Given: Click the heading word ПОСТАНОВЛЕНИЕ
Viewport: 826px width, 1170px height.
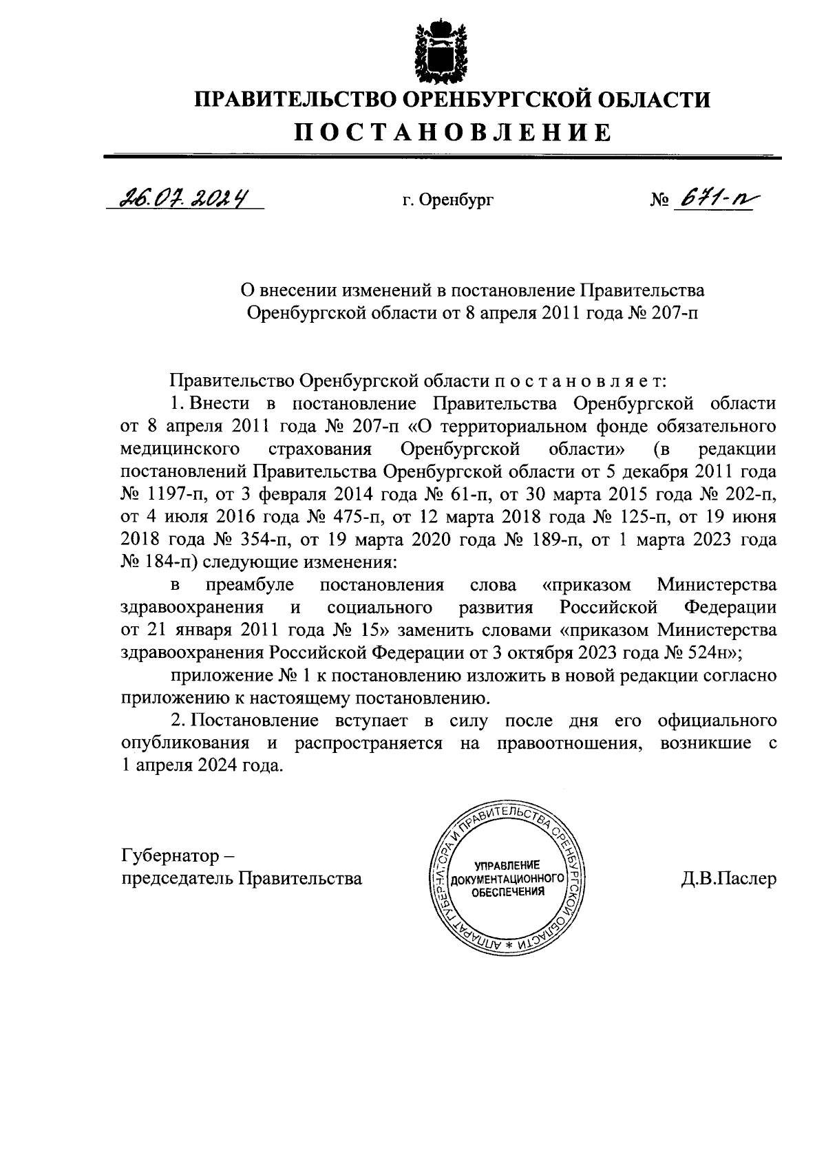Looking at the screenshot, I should (453, 132).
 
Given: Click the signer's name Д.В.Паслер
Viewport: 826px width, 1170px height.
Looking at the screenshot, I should (728, 879).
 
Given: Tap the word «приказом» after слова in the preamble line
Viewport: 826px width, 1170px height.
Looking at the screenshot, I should (586, 585).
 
